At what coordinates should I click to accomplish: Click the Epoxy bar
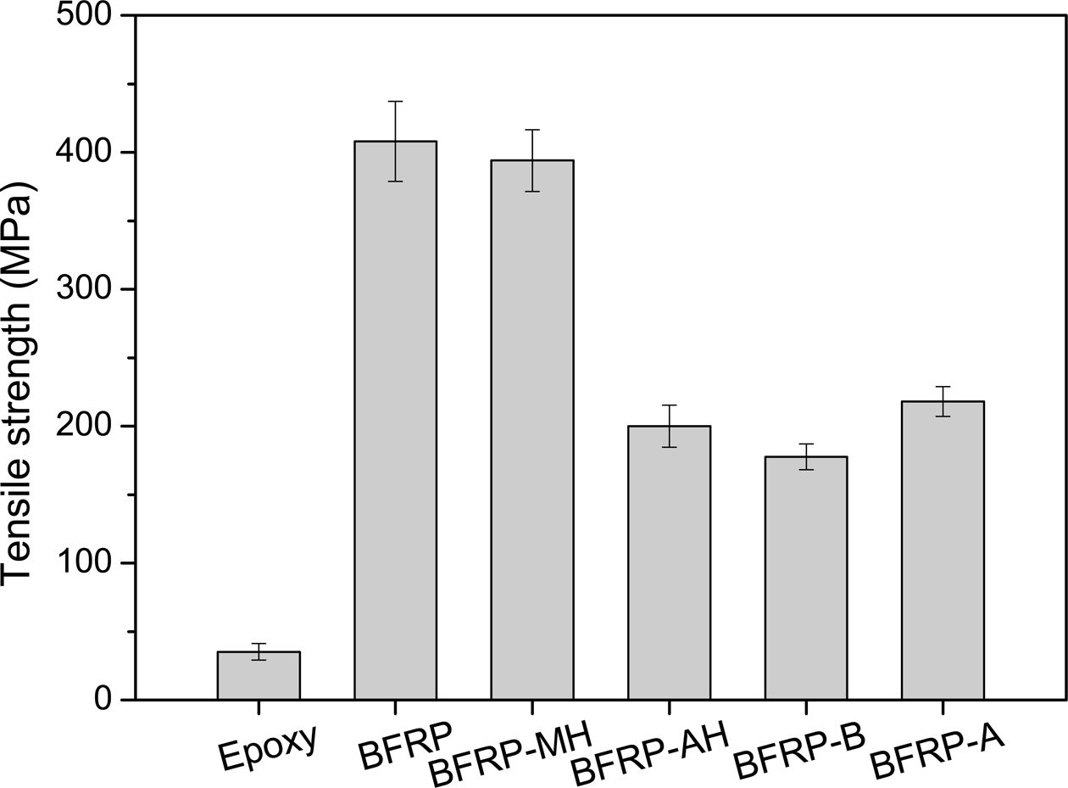(259, 676)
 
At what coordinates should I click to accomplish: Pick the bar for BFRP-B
(805, 578)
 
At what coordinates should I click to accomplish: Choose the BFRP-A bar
(943, 550)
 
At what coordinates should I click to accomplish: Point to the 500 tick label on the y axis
(84, 16)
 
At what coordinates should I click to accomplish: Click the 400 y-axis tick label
(84, 153)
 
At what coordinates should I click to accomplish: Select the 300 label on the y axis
(84, 289)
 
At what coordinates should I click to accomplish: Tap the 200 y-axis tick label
(84, 426)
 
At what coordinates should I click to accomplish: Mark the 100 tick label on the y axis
(84, 563)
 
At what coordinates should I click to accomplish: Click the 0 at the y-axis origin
(104, 700)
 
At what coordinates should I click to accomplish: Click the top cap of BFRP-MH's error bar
(532, 130)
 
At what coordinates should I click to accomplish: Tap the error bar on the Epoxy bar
(259, 651)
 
